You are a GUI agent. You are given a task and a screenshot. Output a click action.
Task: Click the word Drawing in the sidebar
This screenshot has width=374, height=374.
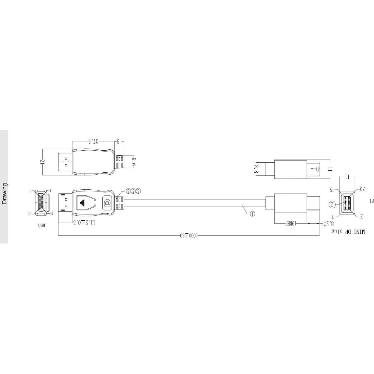click(x=4, y=194)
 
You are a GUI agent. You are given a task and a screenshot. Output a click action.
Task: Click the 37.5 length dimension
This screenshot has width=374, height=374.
click(x=93, y=142)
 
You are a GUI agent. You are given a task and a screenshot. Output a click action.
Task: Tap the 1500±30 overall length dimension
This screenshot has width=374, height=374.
click(x=189, y=236)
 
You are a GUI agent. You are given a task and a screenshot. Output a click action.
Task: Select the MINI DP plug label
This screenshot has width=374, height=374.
click(x=348, y=231)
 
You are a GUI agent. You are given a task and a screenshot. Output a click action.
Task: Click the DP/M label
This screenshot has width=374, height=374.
click(x=41, y=225)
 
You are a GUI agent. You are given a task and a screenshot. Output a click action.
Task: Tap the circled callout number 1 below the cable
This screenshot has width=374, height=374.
click(x=252, y=214)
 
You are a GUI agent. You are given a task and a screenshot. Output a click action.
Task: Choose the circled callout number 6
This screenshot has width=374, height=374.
click(x=129, y=191)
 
